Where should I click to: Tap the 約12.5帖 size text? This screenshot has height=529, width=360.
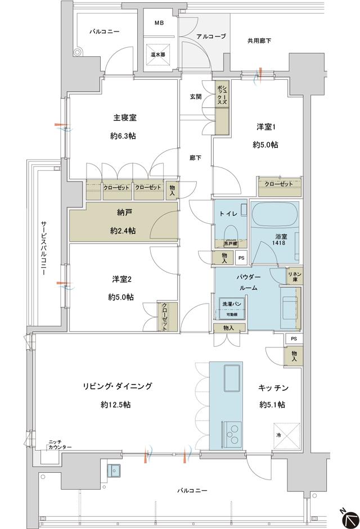click(x=117, y=404)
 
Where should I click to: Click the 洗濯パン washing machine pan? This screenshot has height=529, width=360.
click(x=231, y=308)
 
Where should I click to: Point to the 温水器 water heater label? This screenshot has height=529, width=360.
click(x=157, y=55)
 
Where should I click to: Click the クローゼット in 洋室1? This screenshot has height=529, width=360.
click(x=278, y=184)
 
